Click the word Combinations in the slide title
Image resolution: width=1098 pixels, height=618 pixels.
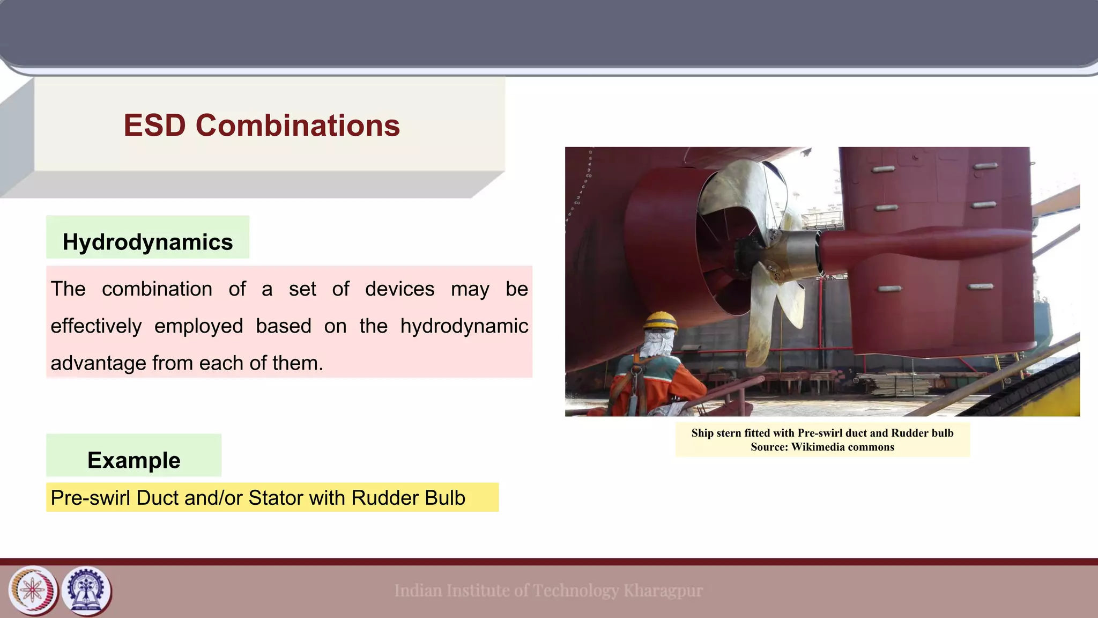pos(298,126)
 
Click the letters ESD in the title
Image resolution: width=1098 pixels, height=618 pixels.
pos(154,126)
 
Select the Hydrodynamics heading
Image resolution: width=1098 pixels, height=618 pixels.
pos(147,242)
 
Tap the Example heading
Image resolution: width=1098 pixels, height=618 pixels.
pos(133,460)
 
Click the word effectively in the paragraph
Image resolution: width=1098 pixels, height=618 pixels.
pos(96,326)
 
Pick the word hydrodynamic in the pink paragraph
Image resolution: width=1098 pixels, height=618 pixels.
pos(464,326)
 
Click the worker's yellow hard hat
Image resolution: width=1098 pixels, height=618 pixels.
pos(660,321)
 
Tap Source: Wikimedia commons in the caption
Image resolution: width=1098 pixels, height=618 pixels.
pos(822,447)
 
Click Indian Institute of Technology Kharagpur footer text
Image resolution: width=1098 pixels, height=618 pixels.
pos(548,591)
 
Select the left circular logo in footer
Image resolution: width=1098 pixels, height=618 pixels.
pos(33,591)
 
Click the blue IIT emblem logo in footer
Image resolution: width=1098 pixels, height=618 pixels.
pos(86,591)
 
